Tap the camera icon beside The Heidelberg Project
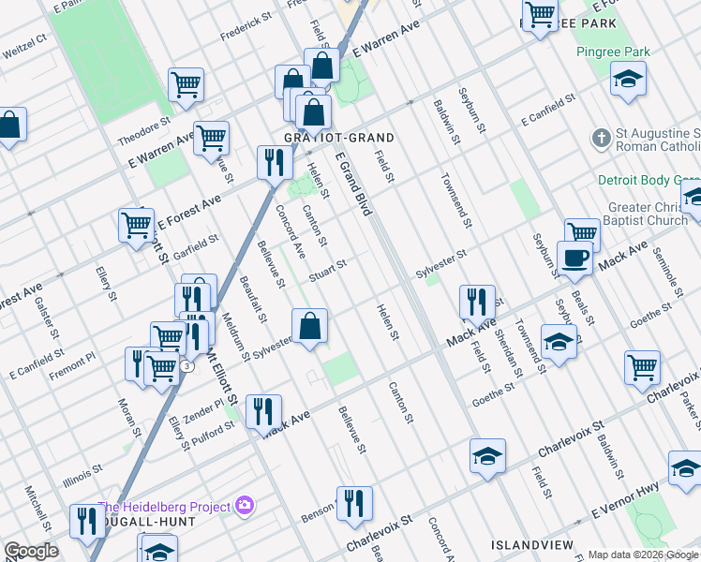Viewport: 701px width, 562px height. (245, 507)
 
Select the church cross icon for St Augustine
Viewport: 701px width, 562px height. (602, 140)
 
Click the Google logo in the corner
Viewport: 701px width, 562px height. (31, 551)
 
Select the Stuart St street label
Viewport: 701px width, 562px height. (329, 269)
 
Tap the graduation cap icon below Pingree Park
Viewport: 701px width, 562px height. (628, 80)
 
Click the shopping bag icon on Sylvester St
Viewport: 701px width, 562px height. (309, 327)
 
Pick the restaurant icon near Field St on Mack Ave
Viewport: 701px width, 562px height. (477, 302)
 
